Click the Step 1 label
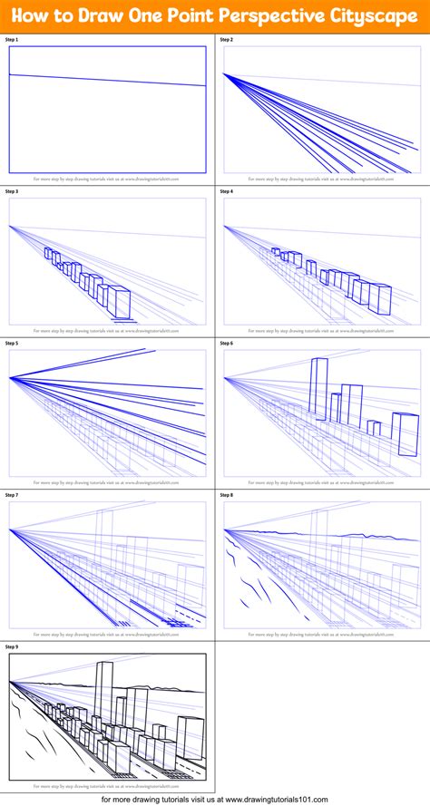click(12, 40)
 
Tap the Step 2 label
click(227, 40)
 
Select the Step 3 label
click(12, 191)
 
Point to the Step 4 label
click(227, 191)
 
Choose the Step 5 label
click(12, 344)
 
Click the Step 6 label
click(227, 344)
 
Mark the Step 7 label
click(12, 495)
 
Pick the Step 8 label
click(227, 495)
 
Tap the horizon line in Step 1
click(107, 80)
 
